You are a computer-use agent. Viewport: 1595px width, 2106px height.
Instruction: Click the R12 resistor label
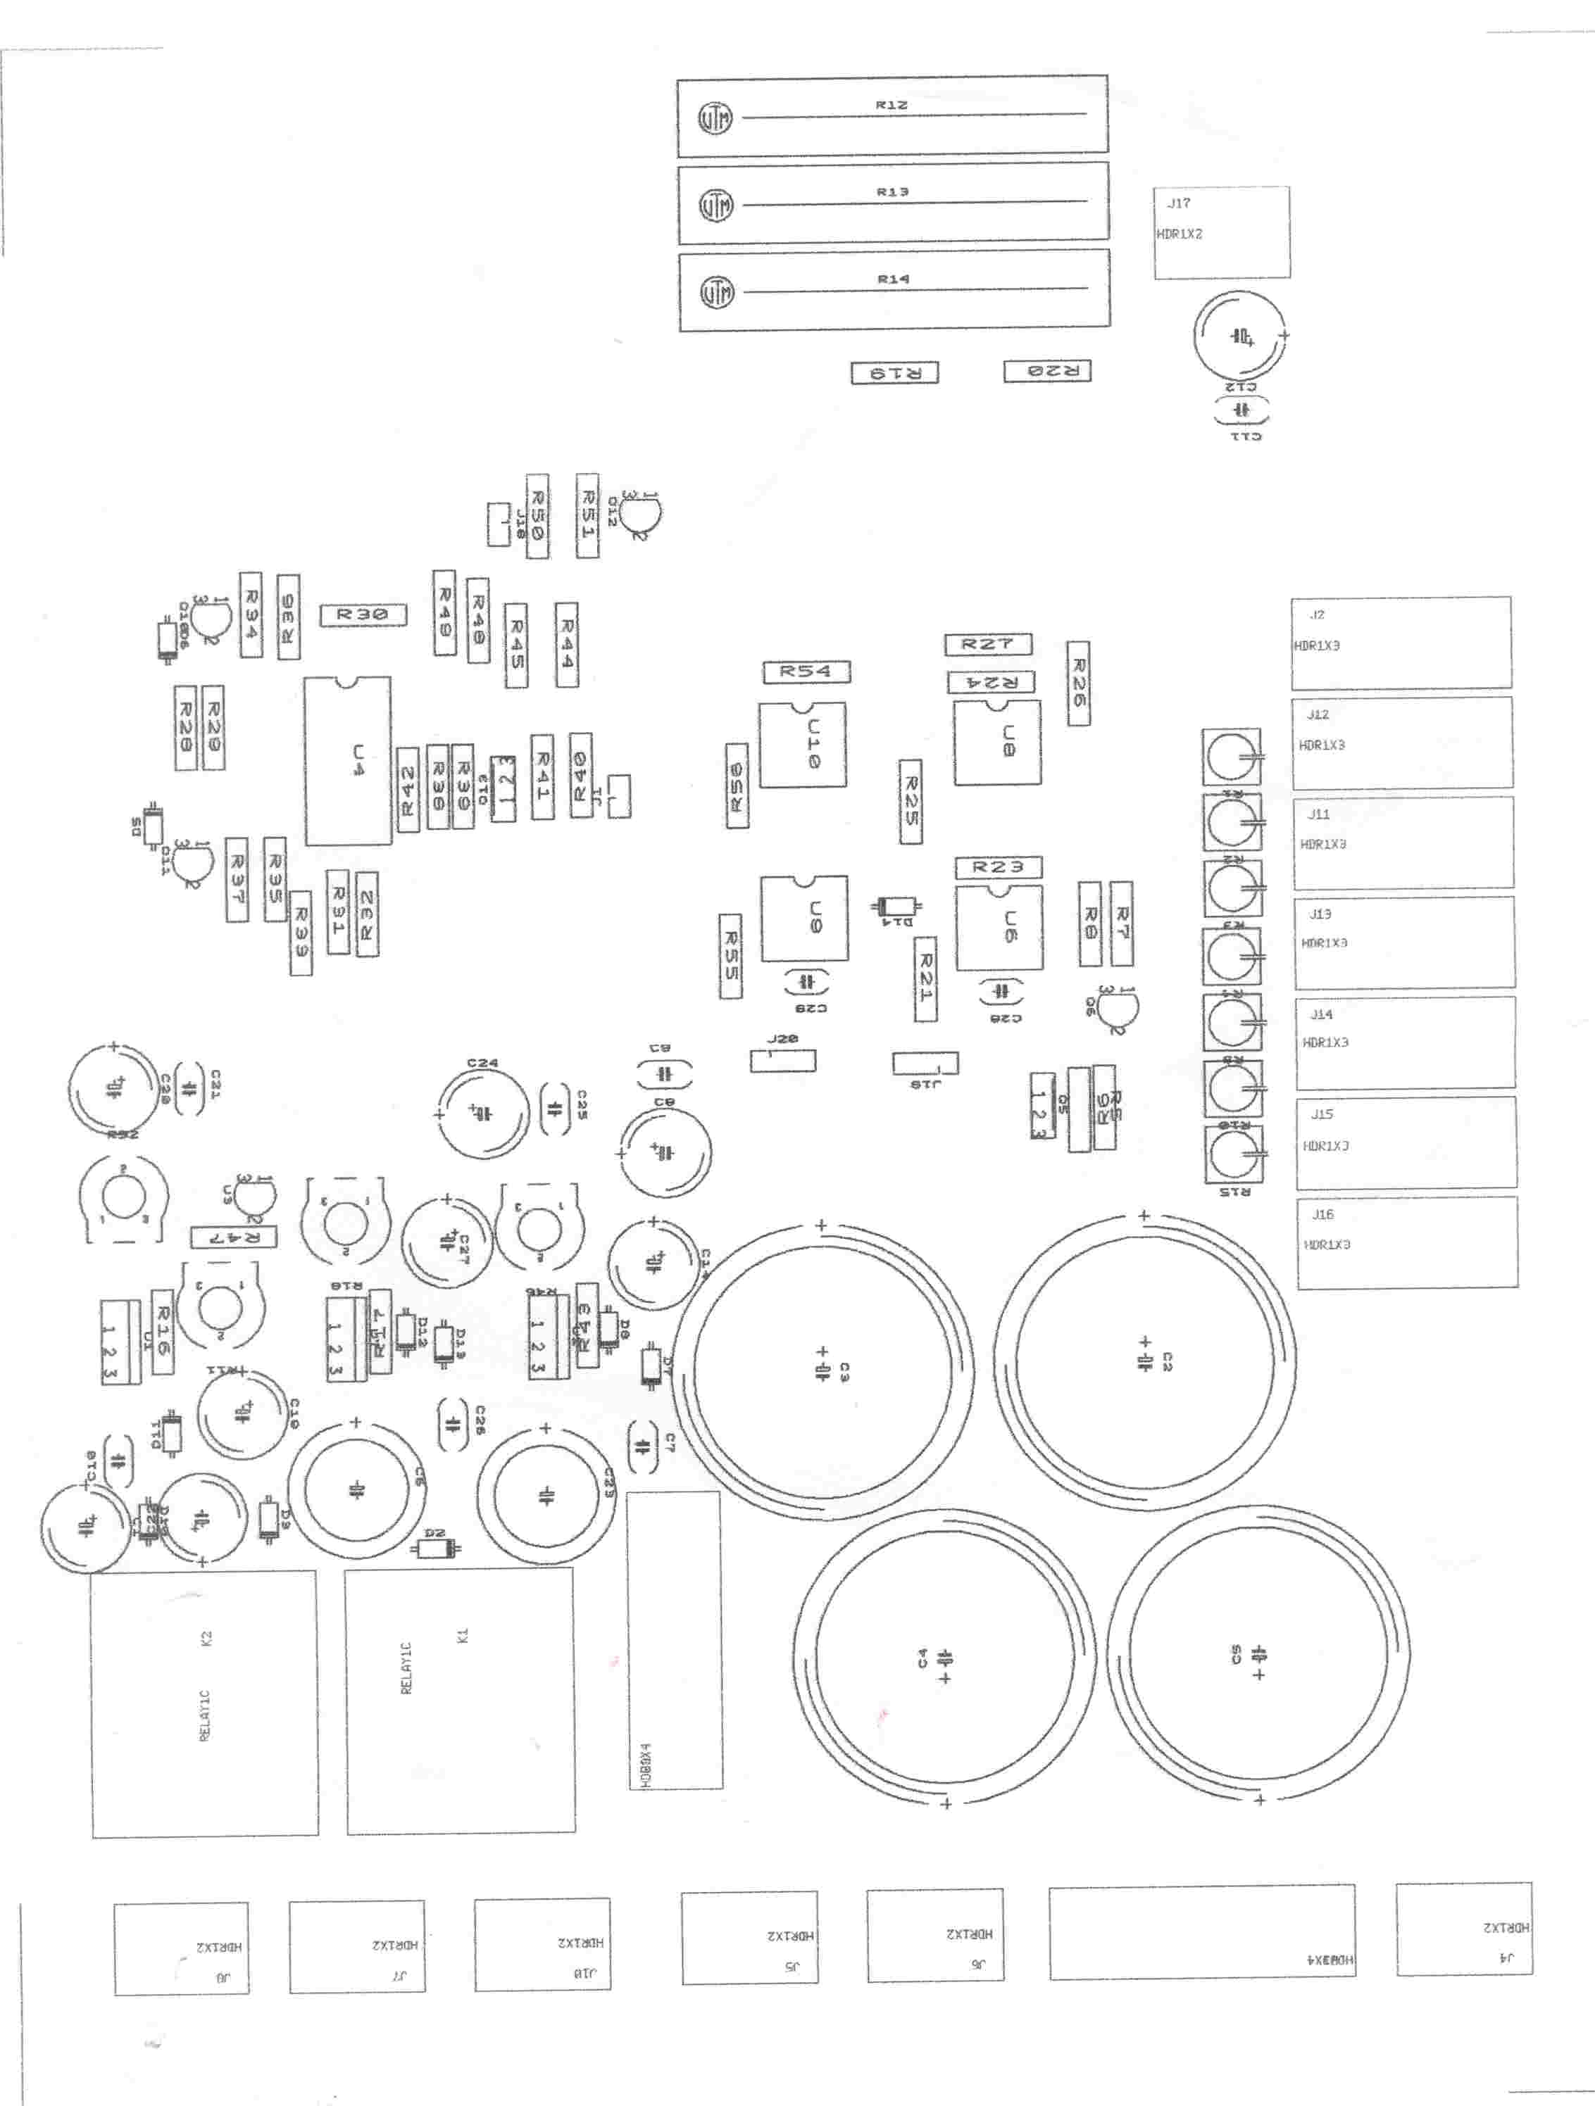[892, 105]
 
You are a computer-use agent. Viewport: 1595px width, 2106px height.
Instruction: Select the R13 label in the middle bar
[892, 192]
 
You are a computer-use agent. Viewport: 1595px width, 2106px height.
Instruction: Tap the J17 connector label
[1179, 203]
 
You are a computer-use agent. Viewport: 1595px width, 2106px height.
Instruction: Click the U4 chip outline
[348, 761]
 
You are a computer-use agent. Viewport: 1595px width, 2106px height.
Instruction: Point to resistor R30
[363, 615]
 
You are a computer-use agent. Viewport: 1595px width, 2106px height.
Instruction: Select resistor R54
[806, 671]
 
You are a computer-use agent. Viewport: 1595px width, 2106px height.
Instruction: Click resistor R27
[987, 645]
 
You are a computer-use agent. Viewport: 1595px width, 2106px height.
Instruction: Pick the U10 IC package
[803, 745]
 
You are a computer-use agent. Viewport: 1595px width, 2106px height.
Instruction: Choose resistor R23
[998, 867]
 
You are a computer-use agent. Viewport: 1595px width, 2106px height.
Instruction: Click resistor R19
[894, 373]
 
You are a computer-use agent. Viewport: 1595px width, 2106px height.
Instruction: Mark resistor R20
[1047, 372]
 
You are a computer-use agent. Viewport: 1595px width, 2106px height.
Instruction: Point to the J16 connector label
[1322, 1214]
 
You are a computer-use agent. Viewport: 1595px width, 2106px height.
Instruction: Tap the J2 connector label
[1317, 615]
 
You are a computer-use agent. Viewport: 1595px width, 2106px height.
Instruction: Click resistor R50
[537, 516]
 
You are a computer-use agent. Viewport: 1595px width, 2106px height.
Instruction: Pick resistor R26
[1078, 683]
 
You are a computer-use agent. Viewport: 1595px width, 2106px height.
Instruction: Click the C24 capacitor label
[483, 1063]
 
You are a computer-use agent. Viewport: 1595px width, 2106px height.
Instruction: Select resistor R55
[730, 956]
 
